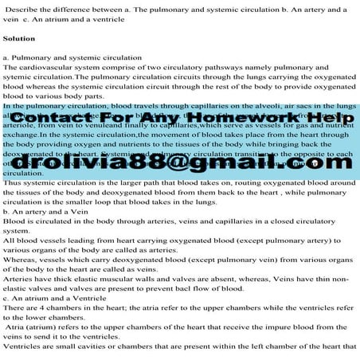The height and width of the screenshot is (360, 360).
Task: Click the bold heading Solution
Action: click(x=19, y=38)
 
